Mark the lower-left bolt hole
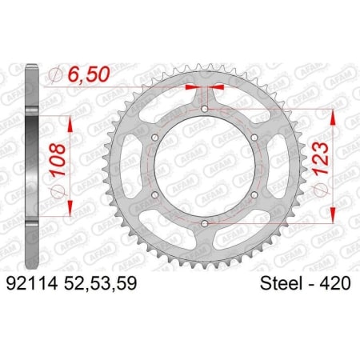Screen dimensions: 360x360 [x=155, y=194]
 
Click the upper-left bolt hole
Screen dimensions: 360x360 [x=155, y=138]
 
